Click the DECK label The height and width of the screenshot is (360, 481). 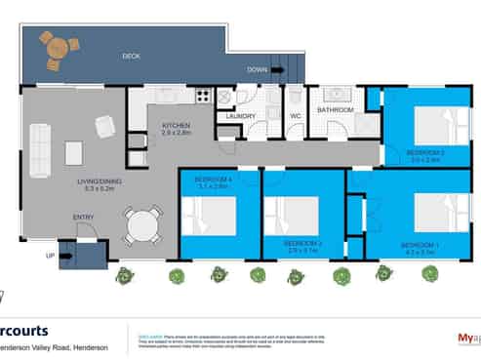[x=131, y=57]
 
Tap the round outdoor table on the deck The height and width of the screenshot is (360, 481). [x=57, y=45]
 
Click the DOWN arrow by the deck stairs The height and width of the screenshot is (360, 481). [x=258, y=70]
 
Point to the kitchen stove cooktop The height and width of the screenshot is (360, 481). [x=203, y=96]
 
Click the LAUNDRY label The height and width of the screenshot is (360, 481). [x=240, y=116]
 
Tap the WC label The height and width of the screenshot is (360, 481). [x=295, y=116]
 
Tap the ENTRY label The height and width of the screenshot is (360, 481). [x=84, y=218]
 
